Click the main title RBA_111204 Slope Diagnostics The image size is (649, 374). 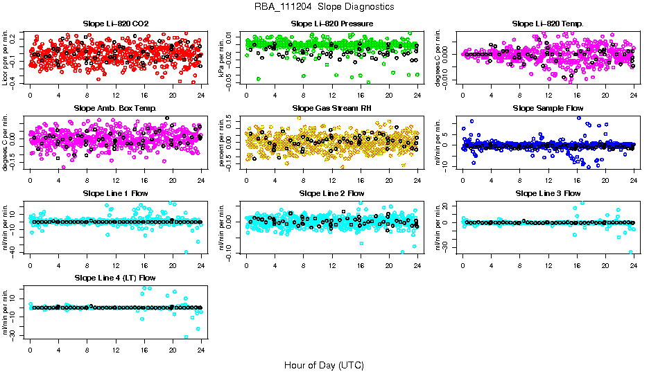(x=324, y=7)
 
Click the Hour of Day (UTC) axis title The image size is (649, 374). (x=324, y=364)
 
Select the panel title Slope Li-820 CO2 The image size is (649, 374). (x=115, y=24)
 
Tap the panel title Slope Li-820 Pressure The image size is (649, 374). (x=332, y=24)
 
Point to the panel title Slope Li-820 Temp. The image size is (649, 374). (x=548, y=24)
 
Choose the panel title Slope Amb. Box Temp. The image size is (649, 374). (x=115, y=109)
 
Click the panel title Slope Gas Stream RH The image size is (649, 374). (x=332, y=109)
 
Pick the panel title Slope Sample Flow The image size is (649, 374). (x=548, y=109)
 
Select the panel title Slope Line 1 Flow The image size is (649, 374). (x=115, y=193)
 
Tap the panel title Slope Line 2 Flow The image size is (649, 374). (x=332, y=193)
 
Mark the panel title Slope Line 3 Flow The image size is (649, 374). (x=548, y=193)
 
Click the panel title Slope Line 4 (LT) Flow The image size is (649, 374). (x=115, y=278)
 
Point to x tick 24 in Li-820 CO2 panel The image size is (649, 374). (x=201, y=96)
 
